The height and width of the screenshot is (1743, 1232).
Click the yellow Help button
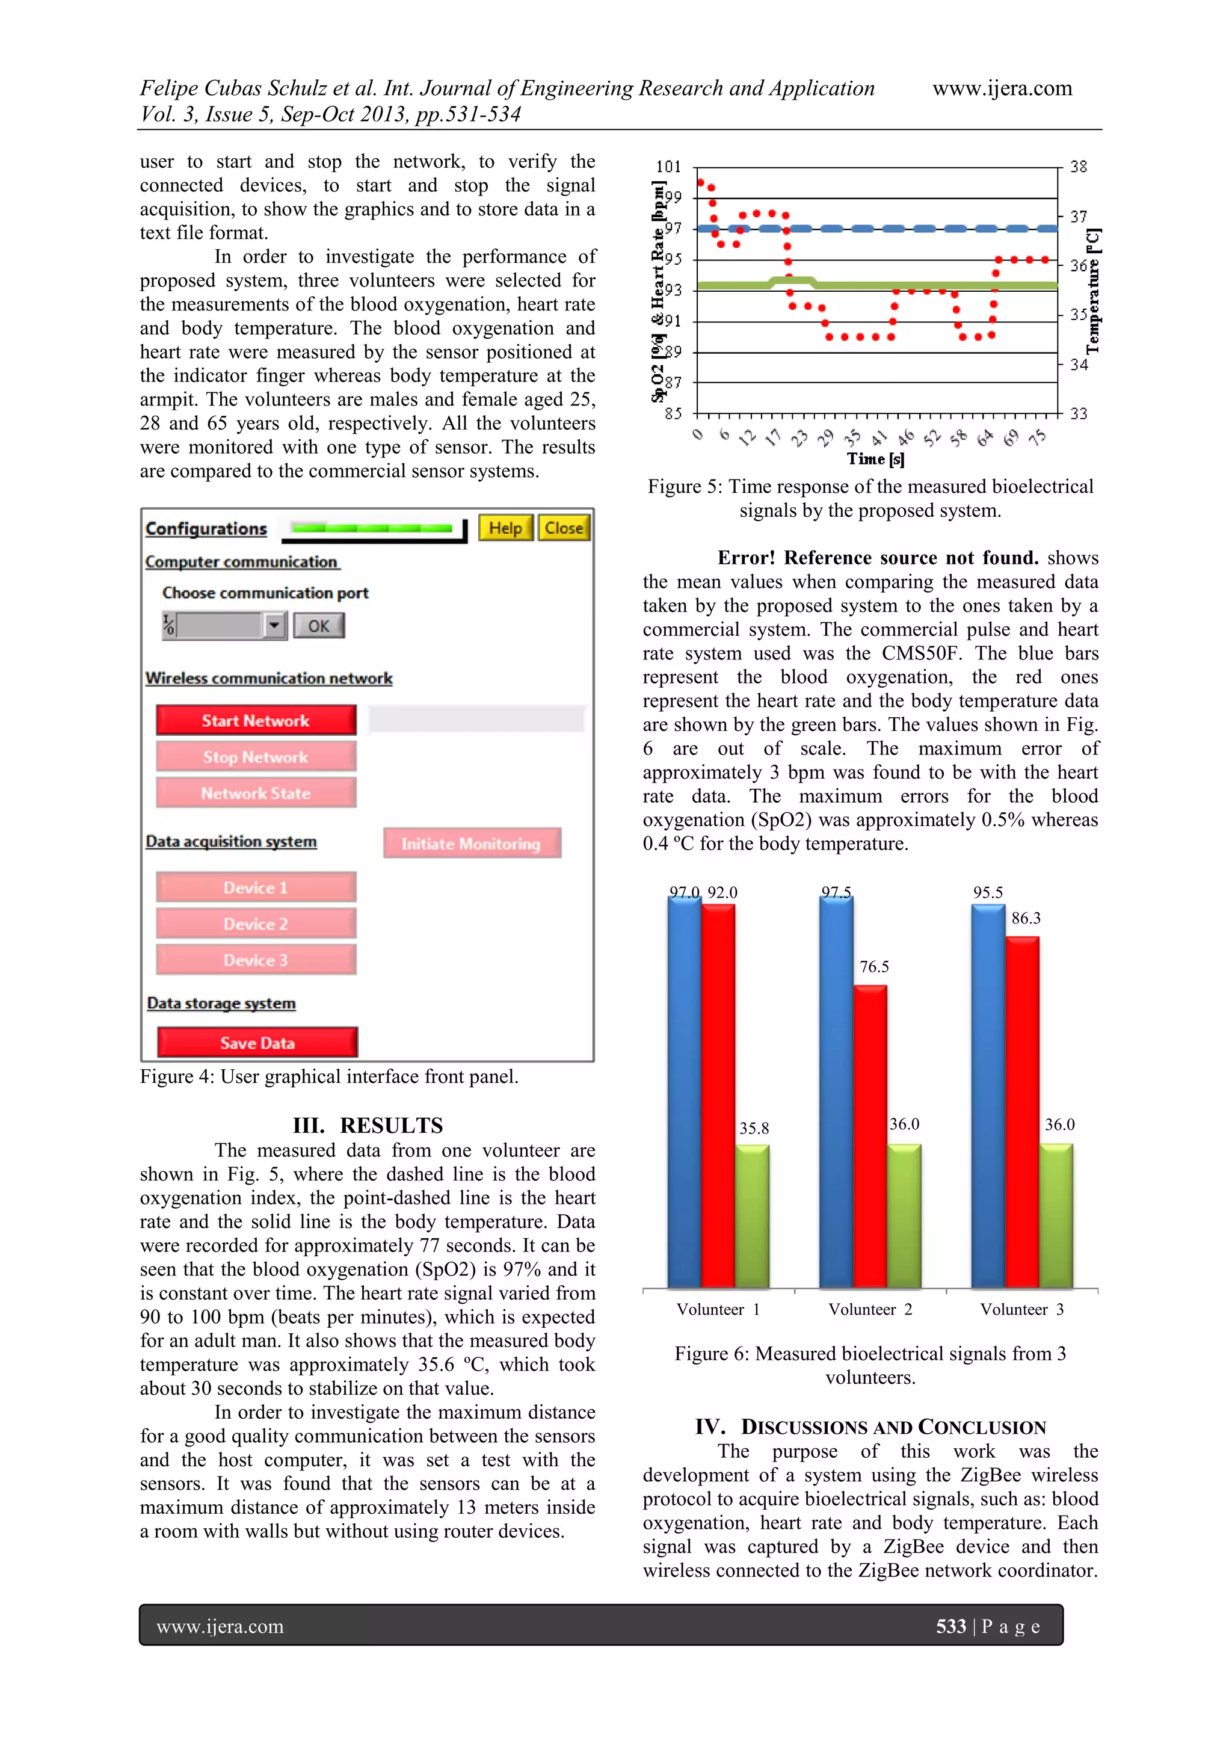505,528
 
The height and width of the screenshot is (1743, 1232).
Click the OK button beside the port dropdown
319,626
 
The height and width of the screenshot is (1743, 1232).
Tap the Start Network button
256,720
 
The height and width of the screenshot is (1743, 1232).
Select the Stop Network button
256,757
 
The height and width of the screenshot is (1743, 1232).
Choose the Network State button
256,794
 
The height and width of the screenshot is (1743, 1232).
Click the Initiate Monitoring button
472,844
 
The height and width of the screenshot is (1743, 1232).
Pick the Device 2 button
256,924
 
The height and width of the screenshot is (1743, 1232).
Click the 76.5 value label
873,966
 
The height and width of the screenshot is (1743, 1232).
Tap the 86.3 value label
1026,918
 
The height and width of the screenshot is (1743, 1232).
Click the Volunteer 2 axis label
870,1310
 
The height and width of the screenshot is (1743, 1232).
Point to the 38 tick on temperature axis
1078,166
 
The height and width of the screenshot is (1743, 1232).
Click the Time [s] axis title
875,458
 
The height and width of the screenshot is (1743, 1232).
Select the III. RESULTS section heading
368,1125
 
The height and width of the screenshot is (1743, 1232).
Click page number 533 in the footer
950,1626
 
